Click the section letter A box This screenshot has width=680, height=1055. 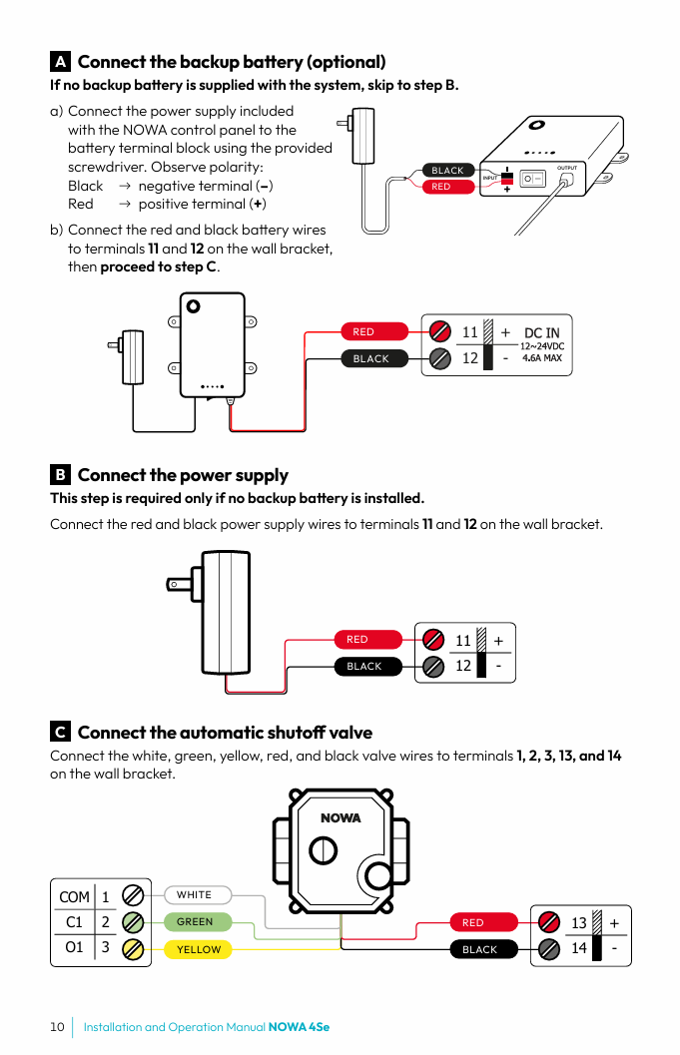pyautogui.click(x=60, y=62)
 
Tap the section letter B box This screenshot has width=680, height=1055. pyautogui.click(x=60, y=475)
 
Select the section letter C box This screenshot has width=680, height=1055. pyautogui.click(x=60, y=733)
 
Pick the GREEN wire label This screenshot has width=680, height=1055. pyautogui.click(x=195, y=922)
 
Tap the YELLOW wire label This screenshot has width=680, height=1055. pyautogui.click(x=198, y=949)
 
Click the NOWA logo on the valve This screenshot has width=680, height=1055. pyautogui.click(x=340, y=817)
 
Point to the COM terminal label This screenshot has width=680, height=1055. pyautogui.click(x=74, y=897)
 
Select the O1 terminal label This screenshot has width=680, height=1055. pyautogui.click(x=74, y=947)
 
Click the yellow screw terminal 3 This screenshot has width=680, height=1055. pyautogui.click(x=132, y=948)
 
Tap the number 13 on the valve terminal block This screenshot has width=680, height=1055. pyautogui.click(x=579, y=923)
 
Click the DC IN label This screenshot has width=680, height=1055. pyautogui.click(x=542, y=332)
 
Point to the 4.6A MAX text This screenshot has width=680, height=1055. pyautogui.click(x=542, y=357)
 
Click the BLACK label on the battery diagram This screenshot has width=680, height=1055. pyautogui.click(x=447, y=171)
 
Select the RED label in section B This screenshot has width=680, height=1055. pyautogui.click(x=357, y=640)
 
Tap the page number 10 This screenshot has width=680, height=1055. pyautogui.click(x=57, y=1027)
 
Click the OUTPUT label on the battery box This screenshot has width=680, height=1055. pyautogui.click(x=566, y=168)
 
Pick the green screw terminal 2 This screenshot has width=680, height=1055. pyautogui.click(x=132, y=922)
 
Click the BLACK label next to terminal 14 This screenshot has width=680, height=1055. pyautogui.click(x=479, y=949)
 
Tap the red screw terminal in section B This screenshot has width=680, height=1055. pyautogui.click(x=433, y=640)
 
